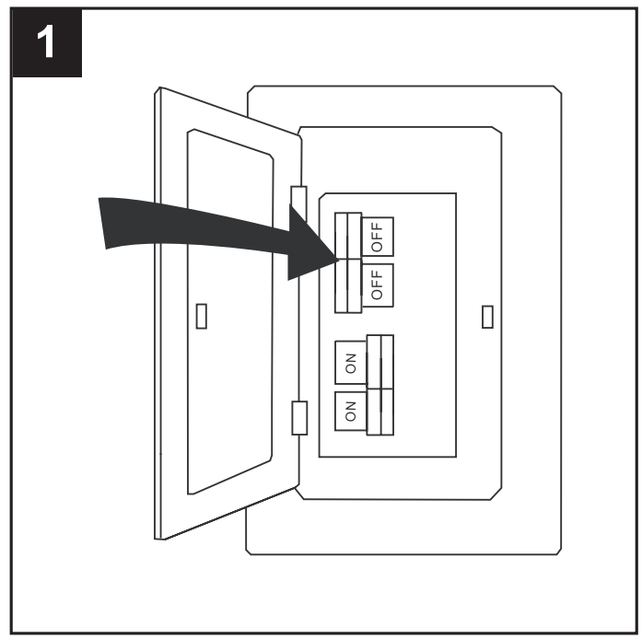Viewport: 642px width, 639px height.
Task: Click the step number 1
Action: pos(45,41)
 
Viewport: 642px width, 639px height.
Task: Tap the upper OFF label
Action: pos(377,237)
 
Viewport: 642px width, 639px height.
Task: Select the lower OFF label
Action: pos(377,285)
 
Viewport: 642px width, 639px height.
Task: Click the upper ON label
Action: pos(351,363)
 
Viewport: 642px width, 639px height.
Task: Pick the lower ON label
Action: pos(351,412)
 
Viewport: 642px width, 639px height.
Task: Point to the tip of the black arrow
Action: pos(339,259)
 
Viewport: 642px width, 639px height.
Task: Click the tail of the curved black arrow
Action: pos(102,224)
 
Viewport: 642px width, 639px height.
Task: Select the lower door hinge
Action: pos(299,418)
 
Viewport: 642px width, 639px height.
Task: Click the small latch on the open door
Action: pos(202,316)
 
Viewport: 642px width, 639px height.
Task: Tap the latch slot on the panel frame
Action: pos(487,317)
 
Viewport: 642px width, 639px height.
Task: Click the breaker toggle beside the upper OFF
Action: pos(348,236)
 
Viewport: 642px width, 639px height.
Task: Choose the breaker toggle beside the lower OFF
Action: pos(348,285)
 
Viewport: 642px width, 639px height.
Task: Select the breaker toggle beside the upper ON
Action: pos(380,362)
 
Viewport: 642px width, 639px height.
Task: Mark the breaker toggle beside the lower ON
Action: pos(380,412)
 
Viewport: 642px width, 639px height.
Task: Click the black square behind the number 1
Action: pos(47,42)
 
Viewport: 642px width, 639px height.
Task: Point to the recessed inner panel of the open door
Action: pos(230,312)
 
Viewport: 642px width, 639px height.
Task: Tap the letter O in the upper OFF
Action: pos(377,247)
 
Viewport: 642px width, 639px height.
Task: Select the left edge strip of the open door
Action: pos(158,313)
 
